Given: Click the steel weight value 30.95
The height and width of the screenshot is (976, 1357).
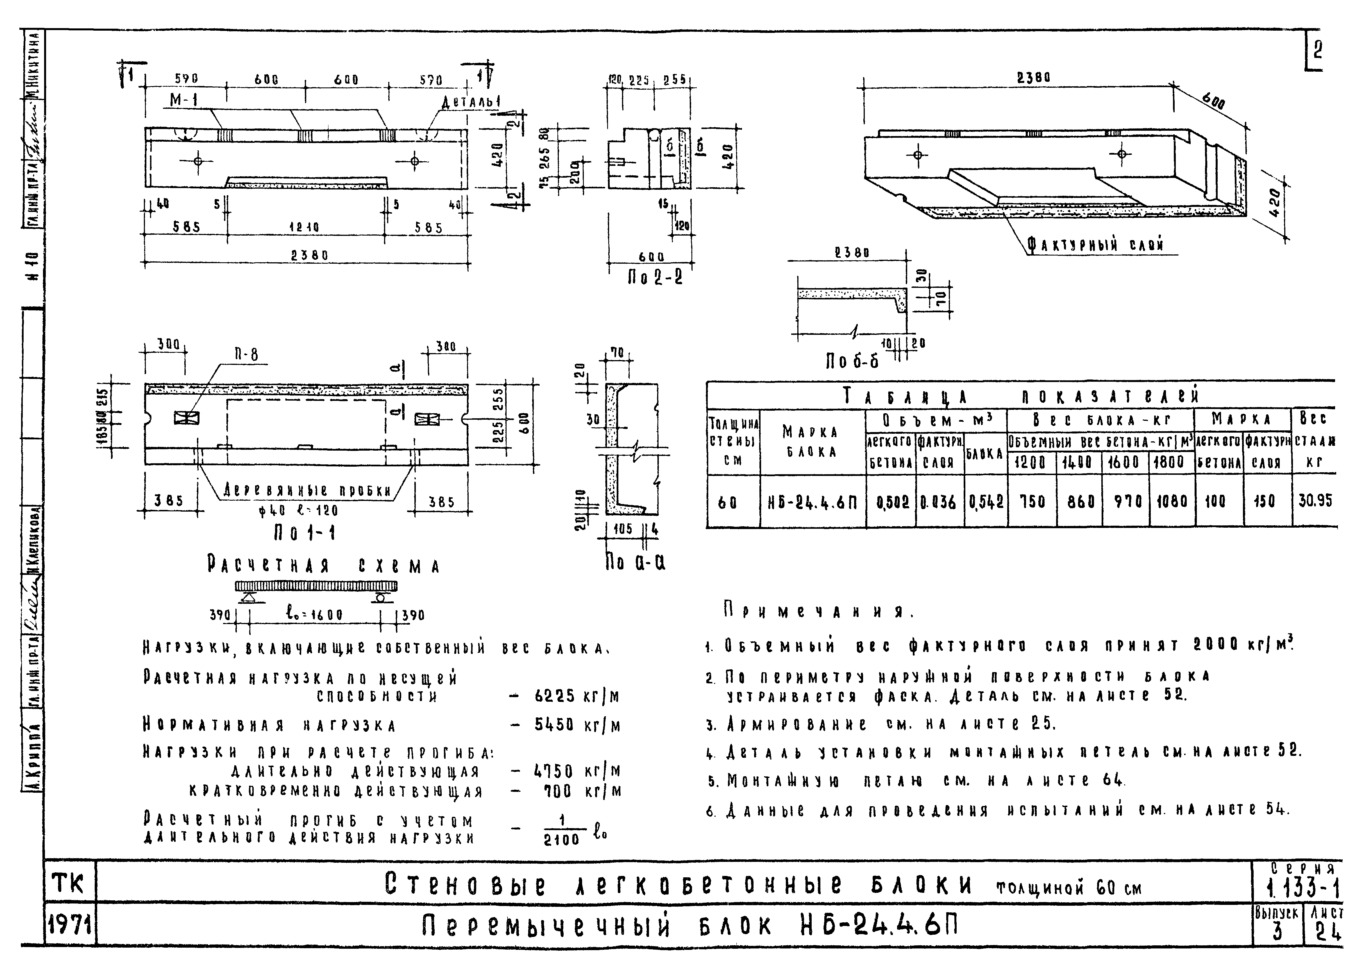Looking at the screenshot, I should (1315, 501).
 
